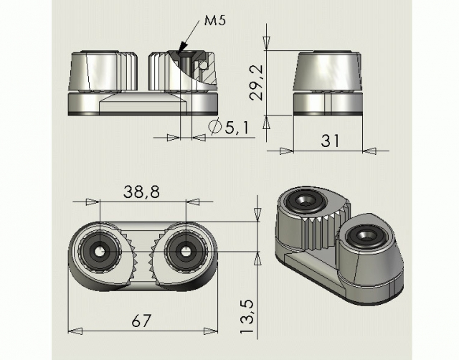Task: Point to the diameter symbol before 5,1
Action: pyautogui.click(x=215, y=128)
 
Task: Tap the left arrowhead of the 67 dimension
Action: pyautogui.click(x=70, y=331)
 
